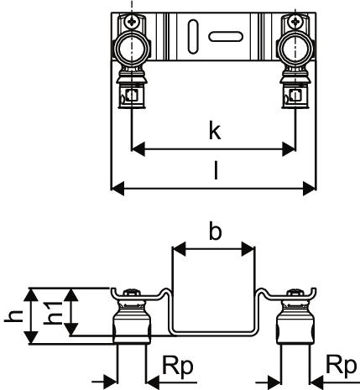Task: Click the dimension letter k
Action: pyautogui.click(x=215, y=131)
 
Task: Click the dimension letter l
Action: pyautogui.click(x=216, y=169)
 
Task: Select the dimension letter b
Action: pyautogui.click(x=215, y=231)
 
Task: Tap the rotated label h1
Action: pyautogui.click(x=53, y=313)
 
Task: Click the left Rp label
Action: pyautogui.click(x=178, y=367)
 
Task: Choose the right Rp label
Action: pyautogui.click(x=342, y=367)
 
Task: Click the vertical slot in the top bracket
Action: pyautogui.click(x=193, y=36)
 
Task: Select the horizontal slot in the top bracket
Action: pyautogui.click(x=226, y=37)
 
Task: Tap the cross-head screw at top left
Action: pyautogui.click(x=131, y=21)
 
